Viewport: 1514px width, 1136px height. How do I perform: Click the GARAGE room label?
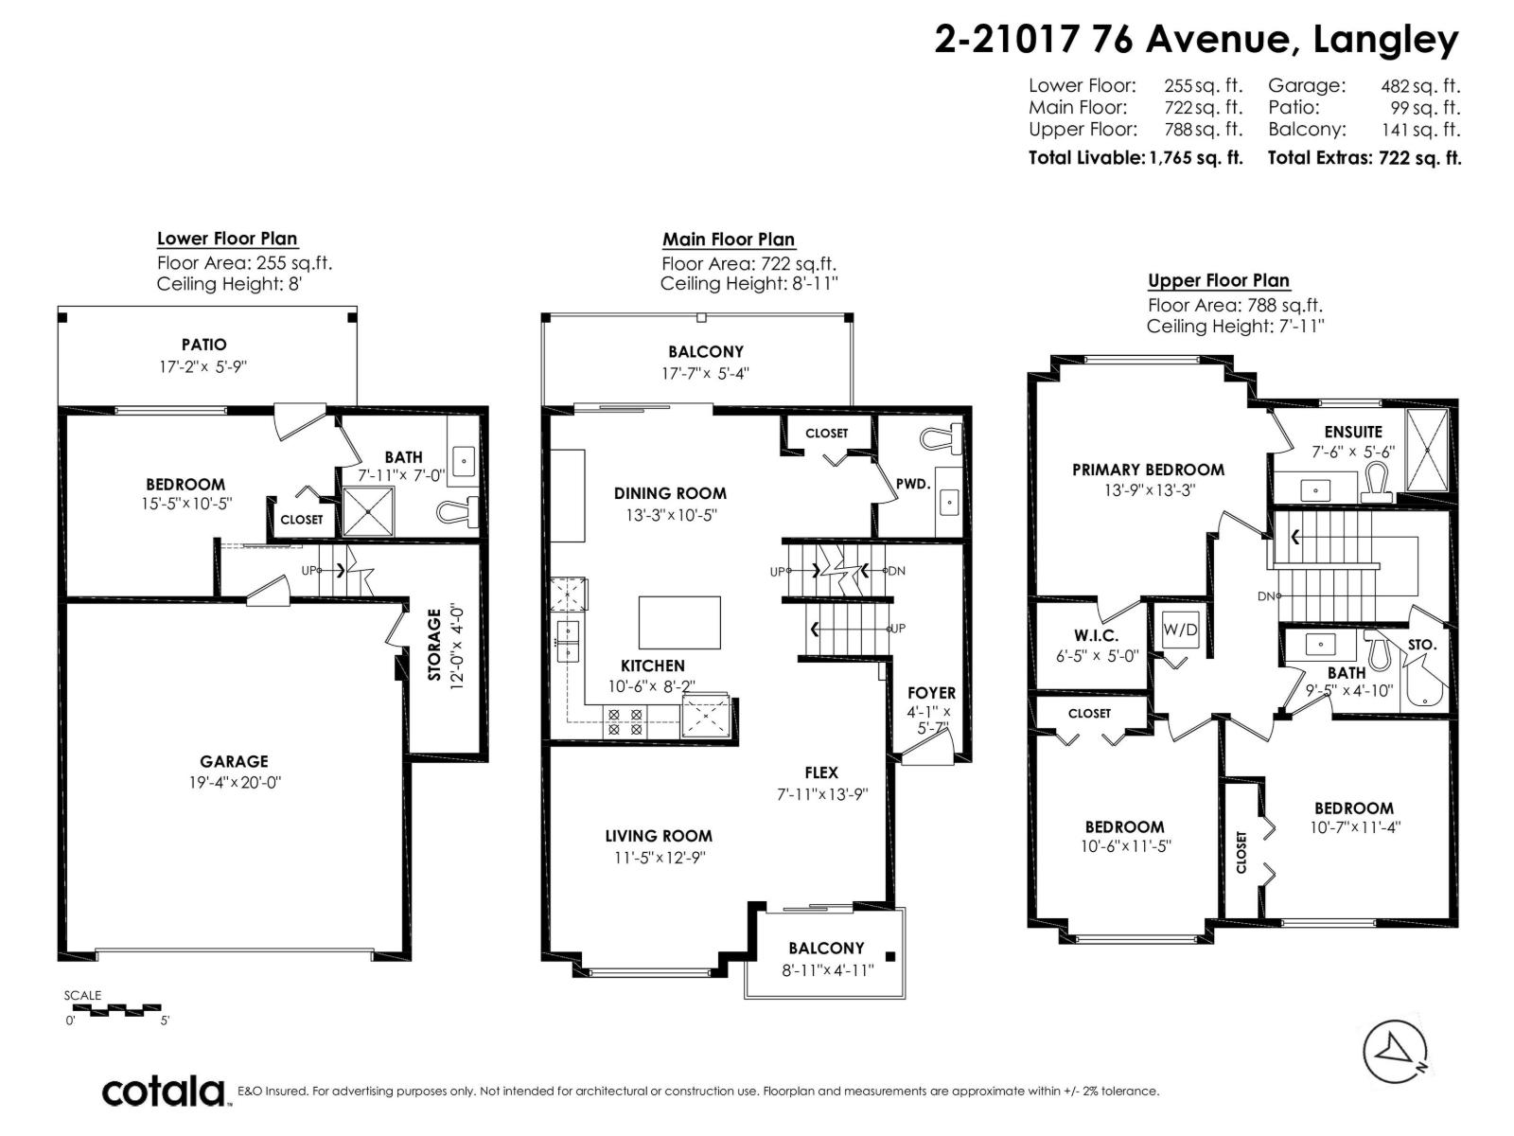tap(234, 761)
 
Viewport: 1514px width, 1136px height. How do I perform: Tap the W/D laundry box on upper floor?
tap(1180, 630)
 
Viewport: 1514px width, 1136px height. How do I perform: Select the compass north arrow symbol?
tap(1395, 1052)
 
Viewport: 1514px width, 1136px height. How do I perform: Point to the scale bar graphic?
tap(117, 1009)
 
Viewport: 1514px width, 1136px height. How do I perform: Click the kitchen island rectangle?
tap(679, 621)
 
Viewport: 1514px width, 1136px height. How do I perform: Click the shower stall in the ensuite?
tap(1427, 451)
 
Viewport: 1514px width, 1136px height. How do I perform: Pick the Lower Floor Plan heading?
tap(227, 239)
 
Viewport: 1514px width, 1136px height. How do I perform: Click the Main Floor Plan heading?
tap(729, 240)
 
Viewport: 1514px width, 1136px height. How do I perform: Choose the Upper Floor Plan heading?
tap(1219, 280)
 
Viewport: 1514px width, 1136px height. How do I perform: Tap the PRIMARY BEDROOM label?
tap(1148, 470)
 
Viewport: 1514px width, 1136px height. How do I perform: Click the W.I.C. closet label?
tap(1096, 636)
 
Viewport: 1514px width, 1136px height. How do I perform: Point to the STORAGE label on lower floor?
tap(434, 644)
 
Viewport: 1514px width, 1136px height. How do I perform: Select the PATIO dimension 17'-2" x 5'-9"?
tap(203, 366)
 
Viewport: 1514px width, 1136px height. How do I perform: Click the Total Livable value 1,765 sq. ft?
tap(1196, 158)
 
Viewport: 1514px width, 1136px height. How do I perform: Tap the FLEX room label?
tap(821, 772)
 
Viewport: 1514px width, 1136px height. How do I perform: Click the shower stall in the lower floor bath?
tap(367, 510)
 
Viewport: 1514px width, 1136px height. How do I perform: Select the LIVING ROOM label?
tap(659, 836)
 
